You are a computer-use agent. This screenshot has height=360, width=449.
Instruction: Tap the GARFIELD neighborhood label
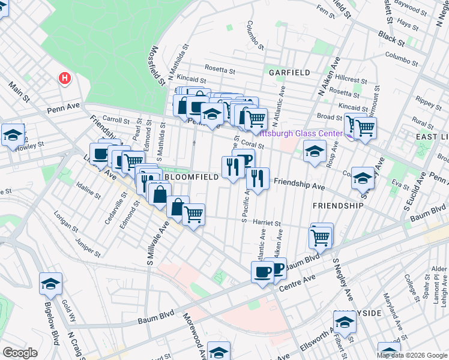coord(289,73)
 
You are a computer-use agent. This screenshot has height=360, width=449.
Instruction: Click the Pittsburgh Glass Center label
coord(305,134)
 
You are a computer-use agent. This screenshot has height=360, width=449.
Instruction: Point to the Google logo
coord(20,352)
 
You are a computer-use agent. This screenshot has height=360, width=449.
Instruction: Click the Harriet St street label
coord(268,222)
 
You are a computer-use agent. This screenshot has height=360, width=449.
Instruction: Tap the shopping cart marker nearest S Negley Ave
coord(321,236)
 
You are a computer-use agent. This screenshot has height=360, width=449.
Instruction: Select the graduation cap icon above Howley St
coord(12,136)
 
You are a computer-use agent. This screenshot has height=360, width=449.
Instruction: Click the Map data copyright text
coord(412,355)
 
